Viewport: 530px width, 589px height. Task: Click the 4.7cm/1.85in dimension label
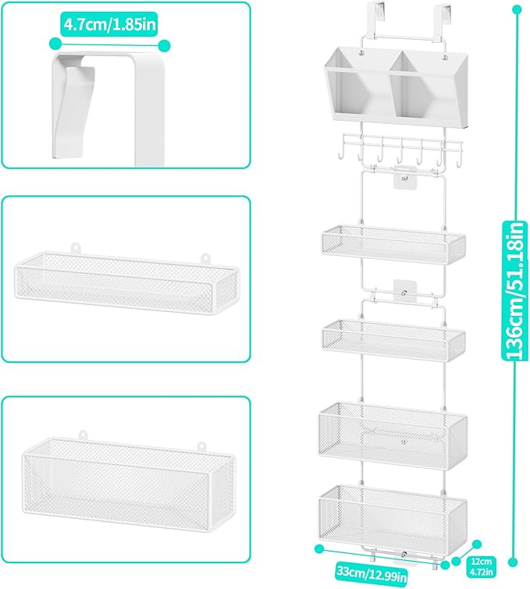point(108,24)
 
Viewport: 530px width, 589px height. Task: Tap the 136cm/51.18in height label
point(514,291)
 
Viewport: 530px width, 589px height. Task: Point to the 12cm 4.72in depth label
point(482,567)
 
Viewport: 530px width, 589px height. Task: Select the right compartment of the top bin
point(429,88)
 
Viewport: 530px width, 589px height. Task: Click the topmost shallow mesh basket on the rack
point(393,244)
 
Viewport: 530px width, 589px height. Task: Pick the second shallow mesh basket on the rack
point(393,340)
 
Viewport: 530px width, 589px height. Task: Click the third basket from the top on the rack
point(393,435)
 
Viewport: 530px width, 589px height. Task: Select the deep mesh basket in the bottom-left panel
point(128,483)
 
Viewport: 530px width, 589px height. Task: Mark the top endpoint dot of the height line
point(518,9)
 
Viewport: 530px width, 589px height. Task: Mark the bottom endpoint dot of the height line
point(513,562)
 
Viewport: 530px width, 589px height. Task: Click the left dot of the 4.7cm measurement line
point(55,43)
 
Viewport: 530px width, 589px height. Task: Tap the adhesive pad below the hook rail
point(404,176)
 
